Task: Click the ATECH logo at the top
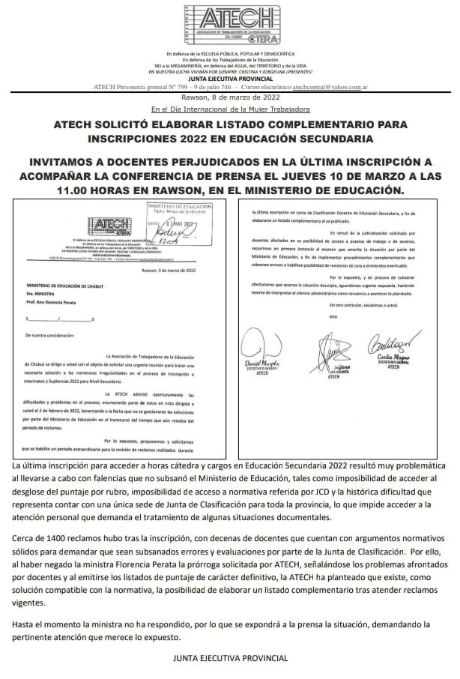point(231,25)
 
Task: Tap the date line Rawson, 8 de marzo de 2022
point(230,97)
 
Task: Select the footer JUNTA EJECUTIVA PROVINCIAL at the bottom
point(230,657)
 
